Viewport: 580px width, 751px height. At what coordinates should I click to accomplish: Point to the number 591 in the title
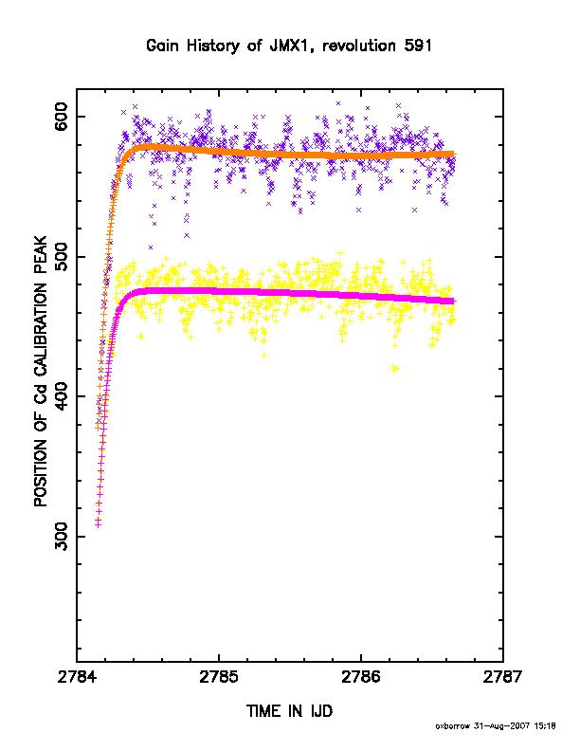pos(418,46)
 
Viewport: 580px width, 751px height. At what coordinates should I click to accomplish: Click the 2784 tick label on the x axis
pos(77,677)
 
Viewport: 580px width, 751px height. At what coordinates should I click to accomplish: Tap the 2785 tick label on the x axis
pos(219,677)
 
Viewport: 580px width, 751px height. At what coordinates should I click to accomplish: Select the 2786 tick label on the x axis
pos(361,677)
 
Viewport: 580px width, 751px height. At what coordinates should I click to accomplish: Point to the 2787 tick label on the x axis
pos(503,677)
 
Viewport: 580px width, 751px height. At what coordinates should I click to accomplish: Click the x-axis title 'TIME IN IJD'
pos(289,711)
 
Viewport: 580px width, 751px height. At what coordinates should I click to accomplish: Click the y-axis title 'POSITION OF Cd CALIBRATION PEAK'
pos(41,371)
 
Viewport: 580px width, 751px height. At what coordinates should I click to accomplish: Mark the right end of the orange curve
pos(454,155)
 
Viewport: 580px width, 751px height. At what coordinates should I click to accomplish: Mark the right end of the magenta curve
pos(454,301)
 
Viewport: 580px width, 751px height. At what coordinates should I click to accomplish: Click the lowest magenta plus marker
pos(99,525)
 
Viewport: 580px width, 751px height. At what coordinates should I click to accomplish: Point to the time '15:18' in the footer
pos(544,726)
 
